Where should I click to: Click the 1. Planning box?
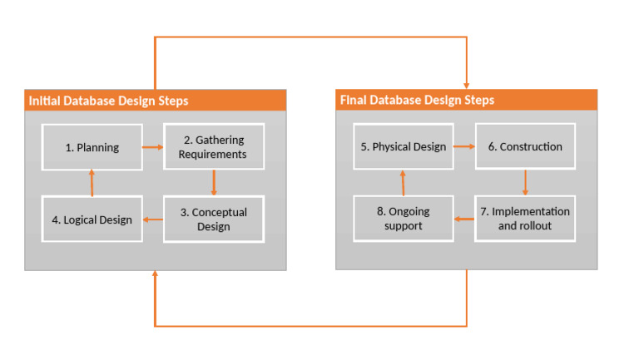click(92, 147)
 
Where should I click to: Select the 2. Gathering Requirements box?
click(214, 147)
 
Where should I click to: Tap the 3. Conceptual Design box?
click(214, 219)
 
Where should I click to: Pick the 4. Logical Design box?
click(92, 219)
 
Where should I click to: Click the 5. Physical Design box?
click(404, 146)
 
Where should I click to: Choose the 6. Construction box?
click(525, 146)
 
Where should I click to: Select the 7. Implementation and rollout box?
click(525, 219)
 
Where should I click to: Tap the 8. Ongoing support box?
click(404, 219)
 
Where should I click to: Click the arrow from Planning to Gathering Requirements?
click(152, 147)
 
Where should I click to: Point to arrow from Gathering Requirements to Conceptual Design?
click(214, 182)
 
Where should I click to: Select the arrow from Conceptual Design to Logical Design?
click(152, 219)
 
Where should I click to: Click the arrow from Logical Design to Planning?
click(92, 182)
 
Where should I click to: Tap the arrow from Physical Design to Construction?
click(464, 146)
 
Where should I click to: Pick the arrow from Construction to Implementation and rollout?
click(525, 182)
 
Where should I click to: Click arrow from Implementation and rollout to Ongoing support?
click(464, 219)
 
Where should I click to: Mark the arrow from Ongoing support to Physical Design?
click(404, 182)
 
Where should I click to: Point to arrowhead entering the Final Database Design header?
click(466, 85)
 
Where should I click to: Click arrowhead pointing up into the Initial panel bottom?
click(155, 275)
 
